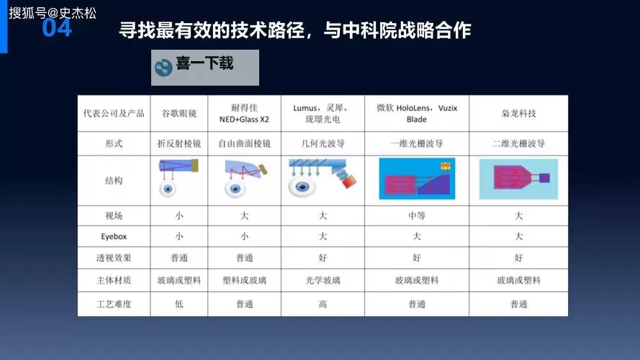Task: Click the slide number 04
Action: click(57, 29)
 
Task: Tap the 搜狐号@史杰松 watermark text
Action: click(52, 13)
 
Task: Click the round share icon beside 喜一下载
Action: click(163, 67)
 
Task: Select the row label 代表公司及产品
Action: click(114, 114)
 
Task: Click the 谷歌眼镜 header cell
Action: click(179, 114)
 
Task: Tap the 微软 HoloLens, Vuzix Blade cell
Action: click(416, 114)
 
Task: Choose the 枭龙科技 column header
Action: click(518, 114)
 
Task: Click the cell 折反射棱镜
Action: click(179, 143)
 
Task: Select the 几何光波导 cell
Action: click(323, 143)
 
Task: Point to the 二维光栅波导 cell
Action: click(518, 143)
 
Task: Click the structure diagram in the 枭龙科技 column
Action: click(518, 178)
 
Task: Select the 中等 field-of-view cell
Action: click(416, 215)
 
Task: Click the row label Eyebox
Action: click(114, 236)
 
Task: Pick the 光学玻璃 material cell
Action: click(323, 280)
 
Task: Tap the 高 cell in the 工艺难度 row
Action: click(323, 304)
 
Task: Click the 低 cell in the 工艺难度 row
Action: click(179, 304)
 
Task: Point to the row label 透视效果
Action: click(114, 258)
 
